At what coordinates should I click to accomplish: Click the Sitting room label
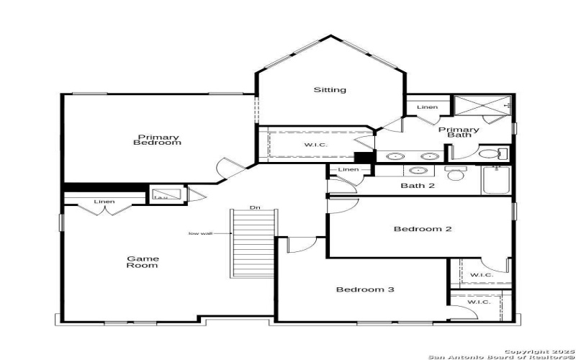[x=330, y=90]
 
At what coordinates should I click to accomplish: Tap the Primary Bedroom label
[x=157, y=140]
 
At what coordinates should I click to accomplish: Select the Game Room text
[x=143, y=261]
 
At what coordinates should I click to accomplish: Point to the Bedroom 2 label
[x=422, y=230]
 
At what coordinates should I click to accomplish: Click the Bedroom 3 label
[x=365, y=289]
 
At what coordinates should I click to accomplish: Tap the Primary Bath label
[x=459, y=132]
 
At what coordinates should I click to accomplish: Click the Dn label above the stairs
[x=254, y=208]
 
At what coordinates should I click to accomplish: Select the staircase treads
[x=253, y=243]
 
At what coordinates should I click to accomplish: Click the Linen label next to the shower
[x=427, y=107]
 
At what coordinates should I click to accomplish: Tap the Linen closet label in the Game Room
[x=104, y=202]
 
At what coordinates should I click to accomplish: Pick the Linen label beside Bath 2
[x=348, y=169]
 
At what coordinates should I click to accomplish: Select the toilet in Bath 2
[x=454, y=173]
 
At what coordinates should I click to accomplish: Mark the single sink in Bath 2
[x=417, y=171]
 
